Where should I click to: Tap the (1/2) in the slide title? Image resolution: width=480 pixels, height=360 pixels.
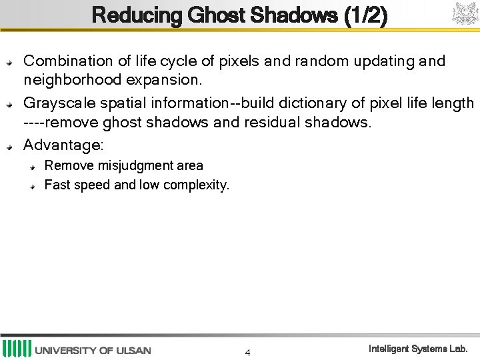coord(365,15)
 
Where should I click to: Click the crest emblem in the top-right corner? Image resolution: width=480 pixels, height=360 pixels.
coord(465,13)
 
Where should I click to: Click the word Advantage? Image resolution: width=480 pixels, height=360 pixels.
coord(63,145)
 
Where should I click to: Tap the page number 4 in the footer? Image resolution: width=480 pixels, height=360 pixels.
coord(247,353)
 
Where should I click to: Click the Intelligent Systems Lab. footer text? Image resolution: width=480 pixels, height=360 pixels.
coord(418,349)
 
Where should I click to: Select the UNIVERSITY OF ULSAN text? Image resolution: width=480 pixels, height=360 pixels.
coord(93,350)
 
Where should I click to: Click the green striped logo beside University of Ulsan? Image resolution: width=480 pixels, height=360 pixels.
coord(16,349)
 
